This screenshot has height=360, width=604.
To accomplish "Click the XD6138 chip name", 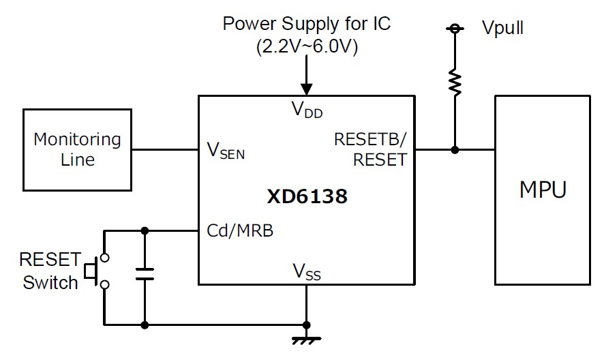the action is coord(307,196).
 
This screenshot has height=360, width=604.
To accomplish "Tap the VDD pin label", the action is coord(307,110).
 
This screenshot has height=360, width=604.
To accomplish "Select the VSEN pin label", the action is coord(226,150).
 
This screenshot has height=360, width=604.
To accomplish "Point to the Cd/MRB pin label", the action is coord(240,230).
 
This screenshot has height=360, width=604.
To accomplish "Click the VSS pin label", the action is coord(307,271).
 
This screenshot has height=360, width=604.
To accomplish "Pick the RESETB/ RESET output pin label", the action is coord(371,149).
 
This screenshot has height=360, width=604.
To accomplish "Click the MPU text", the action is coord(543,190).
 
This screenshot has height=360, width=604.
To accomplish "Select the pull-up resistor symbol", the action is coord(455,82).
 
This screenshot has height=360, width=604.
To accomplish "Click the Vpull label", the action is coord(502,27).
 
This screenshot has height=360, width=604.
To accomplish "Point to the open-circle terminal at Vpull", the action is coord(455,29).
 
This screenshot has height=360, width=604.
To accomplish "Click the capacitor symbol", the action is coord(145,274).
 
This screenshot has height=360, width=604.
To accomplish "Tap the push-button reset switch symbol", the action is coord(97,271).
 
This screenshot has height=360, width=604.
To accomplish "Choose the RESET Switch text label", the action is coord(50,271).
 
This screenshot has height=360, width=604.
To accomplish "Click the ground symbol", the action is coord(307,340).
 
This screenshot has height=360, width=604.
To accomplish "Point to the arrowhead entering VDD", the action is coord(307,89).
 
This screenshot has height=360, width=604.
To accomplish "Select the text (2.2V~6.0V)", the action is coord(307,46).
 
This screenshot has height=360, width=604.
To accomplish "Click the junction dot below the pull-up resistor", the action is coord(455,149).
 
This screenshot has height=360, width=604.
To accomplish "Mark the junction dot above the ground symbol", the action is coord(307,325).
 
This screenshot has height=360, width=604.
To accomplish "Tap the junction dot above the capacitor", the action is coord(145,231).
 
